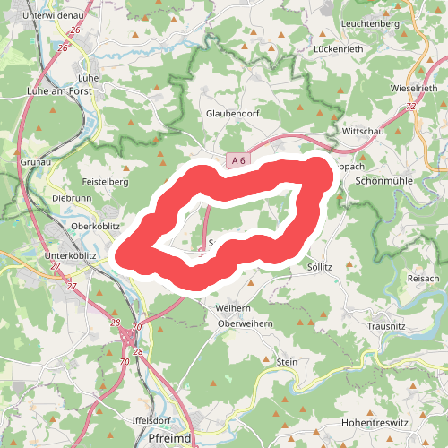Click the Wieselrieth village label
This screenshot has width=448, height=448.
click(x=414, y=89)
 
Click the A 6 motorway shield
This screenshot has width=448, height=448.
click(x=237, y=160)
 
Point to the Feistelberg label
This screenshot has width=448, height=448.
click(x=106, y=181)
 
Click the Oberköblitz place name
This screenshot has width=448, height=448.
click(x=95, y=226)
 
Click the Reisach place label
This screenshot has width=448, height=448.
click(x=423, y=280)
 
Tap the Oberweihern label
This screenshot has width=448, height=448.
click(x=246, y=324)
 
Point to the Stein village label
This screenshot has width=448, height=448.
click(x=287, y=361)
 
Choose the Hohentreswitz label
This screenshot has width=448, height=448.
click(x=375, y=421)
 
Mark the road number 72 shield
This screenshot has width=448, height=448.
click(x=410, y=108)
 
